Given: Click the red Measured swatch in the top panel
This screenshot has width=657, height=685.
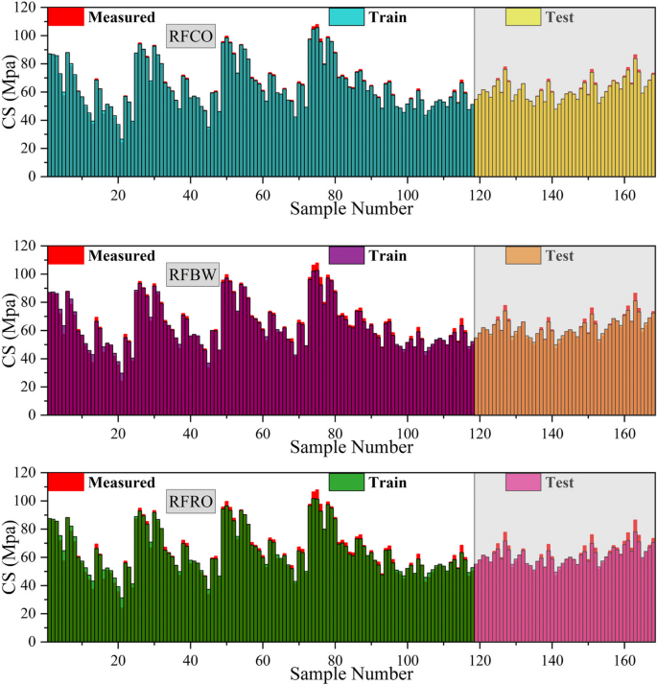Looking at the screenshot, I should point(65,17).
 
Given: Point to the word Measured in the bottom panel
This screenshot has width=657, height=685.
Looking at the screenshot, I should point(122,483).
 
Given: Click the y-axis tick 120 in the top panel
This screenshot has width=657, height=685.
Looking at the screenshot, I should point(25,8).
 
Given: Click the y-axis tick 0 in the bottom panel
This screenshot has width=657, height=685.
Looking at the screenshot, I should point(32,643).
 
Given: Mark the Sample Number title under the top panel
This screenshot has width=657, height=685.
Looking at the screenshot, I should point(351,208).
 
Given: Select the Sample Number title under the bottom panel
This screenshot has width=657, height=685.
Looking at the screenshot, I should point(351,674).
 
